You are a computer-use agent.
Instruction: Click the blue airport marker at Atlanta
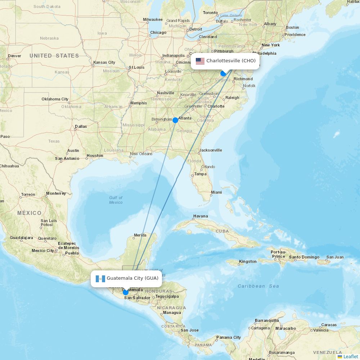click(x=175, y=120)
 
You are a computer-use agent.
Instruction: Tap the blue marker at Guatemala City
click(x=125, y=292)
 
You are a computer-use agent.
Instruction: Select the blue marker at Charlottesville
click(x=223, y=73)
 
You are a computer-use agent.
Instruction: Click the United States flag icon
click(x=200, y=61)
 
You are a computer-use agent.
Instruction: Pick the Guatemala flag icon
click(x=100, y=278)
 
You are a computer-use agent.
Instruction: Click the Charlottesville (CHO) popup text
click(x=231, y=61)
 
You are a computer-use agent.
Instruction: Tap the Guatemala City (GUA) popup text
click(x=132, y=278)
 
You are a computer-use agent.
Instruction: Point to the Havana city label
click(x=201, y=216)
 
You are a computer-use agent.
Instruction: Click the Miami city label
click(x=216, y=192)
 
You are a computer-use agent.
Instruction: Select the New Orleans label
click(x=141, y=154)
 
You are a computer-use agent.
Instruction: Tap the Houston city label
click(x=95, y=156)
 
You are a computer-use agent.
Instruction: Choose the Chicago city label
click(x=158, y=32)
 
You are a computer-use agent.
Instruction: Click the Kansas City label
click(x=104, y=62)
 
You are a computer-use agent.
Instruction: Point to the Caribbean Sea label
click(x=258, y=286)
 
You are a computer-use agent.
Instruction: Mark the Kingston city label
click(x=248, y=261)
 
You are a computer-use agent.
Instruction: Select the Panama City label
click(x=228, y=337)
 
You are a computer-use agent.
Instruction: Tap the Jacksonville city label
click(x=211, y=150)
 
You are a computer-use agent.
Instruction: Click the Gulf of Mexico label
click(x=116, y=200)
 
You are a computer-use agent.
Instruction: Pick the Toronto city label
click(x=210, y=13)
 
